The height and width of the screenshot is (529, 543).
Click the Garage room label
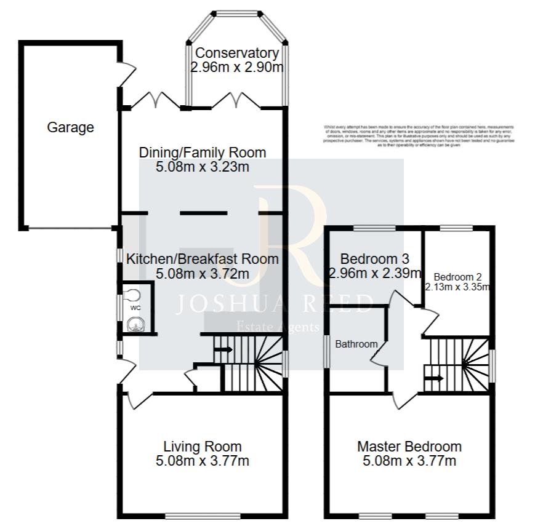click(71, 128)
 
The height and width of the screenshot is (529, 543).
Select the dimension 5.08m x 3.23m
click(203, 167)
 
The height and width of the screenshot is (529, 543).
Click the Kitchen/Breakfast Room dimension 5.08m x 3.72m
click(203, 274)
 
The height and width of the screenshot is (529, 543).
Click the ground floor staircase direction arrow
click(223, 350)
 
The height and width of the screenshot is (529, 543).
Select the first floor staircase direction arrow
click(433, 378)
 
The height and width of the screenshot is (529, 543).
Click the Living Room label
click(203, 447)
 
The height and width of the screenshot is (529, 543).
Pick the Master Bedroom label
click(409, 447)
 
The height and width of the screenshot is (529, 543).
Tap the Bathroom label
click(356, 344)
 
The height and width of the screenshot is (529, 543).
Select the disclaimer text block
click(419, 135)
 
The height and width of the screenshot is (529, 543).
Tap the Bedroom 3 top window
click(374, 228)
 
